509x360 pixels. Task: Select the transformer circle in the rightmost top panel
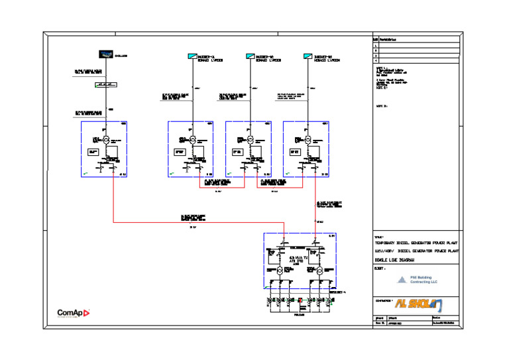coord(308,140)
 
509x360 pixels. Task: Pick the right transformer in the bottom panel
coord(319,271)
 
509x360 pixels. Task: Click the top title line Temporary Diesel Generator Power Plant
coord(416,243)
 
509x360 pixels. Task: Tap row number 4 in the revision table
coord(376,60)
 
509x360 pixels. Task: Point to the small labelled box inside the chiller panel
coord(93,152)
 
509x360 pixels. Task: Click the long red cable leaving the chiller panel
coord(192,222)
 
